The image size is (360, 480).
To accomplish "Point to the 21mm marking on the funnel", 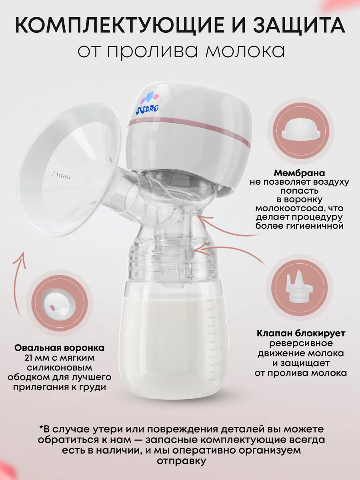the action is tap(61, 175).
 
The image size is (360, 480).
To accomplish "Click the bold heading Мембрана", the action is tap(300, 173).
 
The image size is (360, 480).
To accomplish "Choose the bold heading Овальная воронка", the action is tap(59, 348).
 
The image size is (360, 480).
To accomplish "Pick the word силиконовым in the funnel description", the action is tap(59, 368).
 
